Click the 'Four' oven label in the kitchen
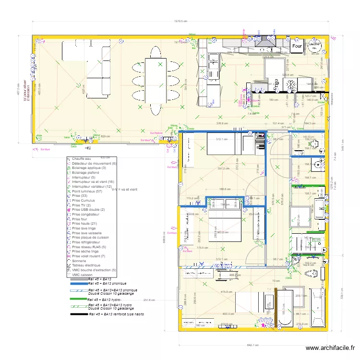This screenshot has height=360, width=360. (297, 46)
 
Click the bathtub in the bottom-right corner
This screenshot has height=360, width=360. (317, 307)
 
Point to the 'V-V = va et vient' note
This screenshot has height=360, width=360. (124, 190)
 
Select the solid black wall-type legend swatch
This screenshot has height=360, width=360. (79, 314)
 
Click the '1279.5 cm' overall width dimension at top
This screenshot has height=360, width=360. (180, 21)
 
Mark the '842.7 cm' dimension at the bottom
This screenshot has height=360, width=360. (252, 345)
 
